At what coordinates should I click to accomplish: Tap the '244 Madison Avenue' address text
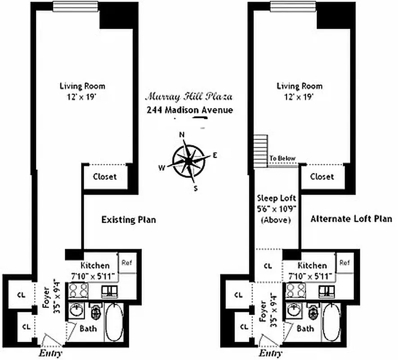pyautogui.click(x=190, y=110)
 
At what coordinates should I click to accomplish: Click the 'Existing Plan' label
pyautogui.click(x=128, y=220)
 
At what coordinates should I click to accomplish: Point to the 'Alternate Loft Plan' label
pyautogui.click(x=351, y=219)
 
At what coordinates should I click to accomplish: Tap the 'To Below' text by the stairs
pyautogui.click(x=282, y=158)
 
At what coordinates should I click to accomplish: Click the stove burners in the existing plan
pyautogui.click(x=78, y=291)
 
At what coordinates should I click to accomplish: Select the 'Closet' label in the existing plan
pyautogui.click(x=104, y=177)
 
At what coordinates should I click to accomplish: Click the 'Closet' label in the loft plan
pyautogui.click(x=322, y=177)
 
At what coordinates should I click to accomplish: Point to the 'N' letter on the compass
pyautogui.click(x=182, y=135)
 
